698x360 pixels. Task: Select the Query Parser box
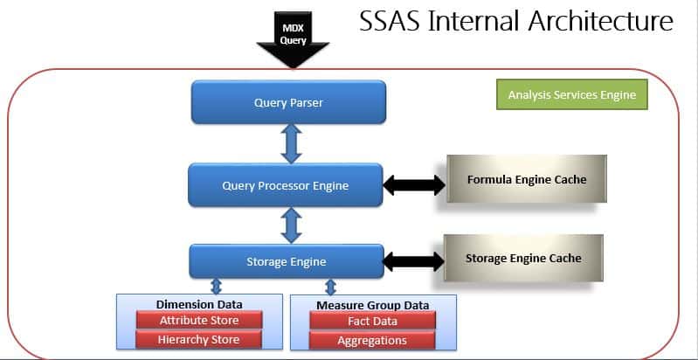pyautogui.click(x=288, y=103)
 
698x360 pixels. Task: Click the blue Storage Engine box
pyautogui.click(x=287, y=261)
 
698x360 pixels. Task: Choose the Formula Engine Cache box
pyautogui.click(x=526, y=180)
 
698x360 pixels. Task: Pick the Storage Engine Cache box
pyautogui.click(x=522, y=259)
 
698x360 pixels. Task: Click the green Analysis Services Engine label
pyautogui.click(x=571, y=95)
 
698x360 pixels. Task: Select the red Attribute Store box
pyautogui.click(x=198, y=321)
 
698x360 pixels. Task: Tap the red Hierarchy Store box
pyautogui.click(x=198, y=340)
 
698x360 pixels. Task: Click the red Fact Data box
pyautogui.click(x=373, y=322)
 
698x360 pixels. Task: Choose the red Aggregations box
pyautogui.click(x=373, y=341)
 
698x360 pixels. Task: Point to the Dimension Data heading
pyautogui.click(x=198, y=304)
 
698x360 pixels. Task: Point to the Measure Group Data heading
pyautogui.click(x=373, y=304)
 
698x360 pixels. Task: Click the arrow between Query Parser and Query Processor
pyautogui.click(x=292, y=143)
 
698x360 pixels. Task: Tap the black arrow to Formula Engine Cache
pyautogui.click(x=415, y=184)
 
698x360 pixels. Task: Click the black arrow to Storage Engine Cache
pyautogui.click(x=414, y=260)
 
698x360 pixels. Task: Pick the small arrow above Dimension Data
pyautogui.click(x=216, y=287)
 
